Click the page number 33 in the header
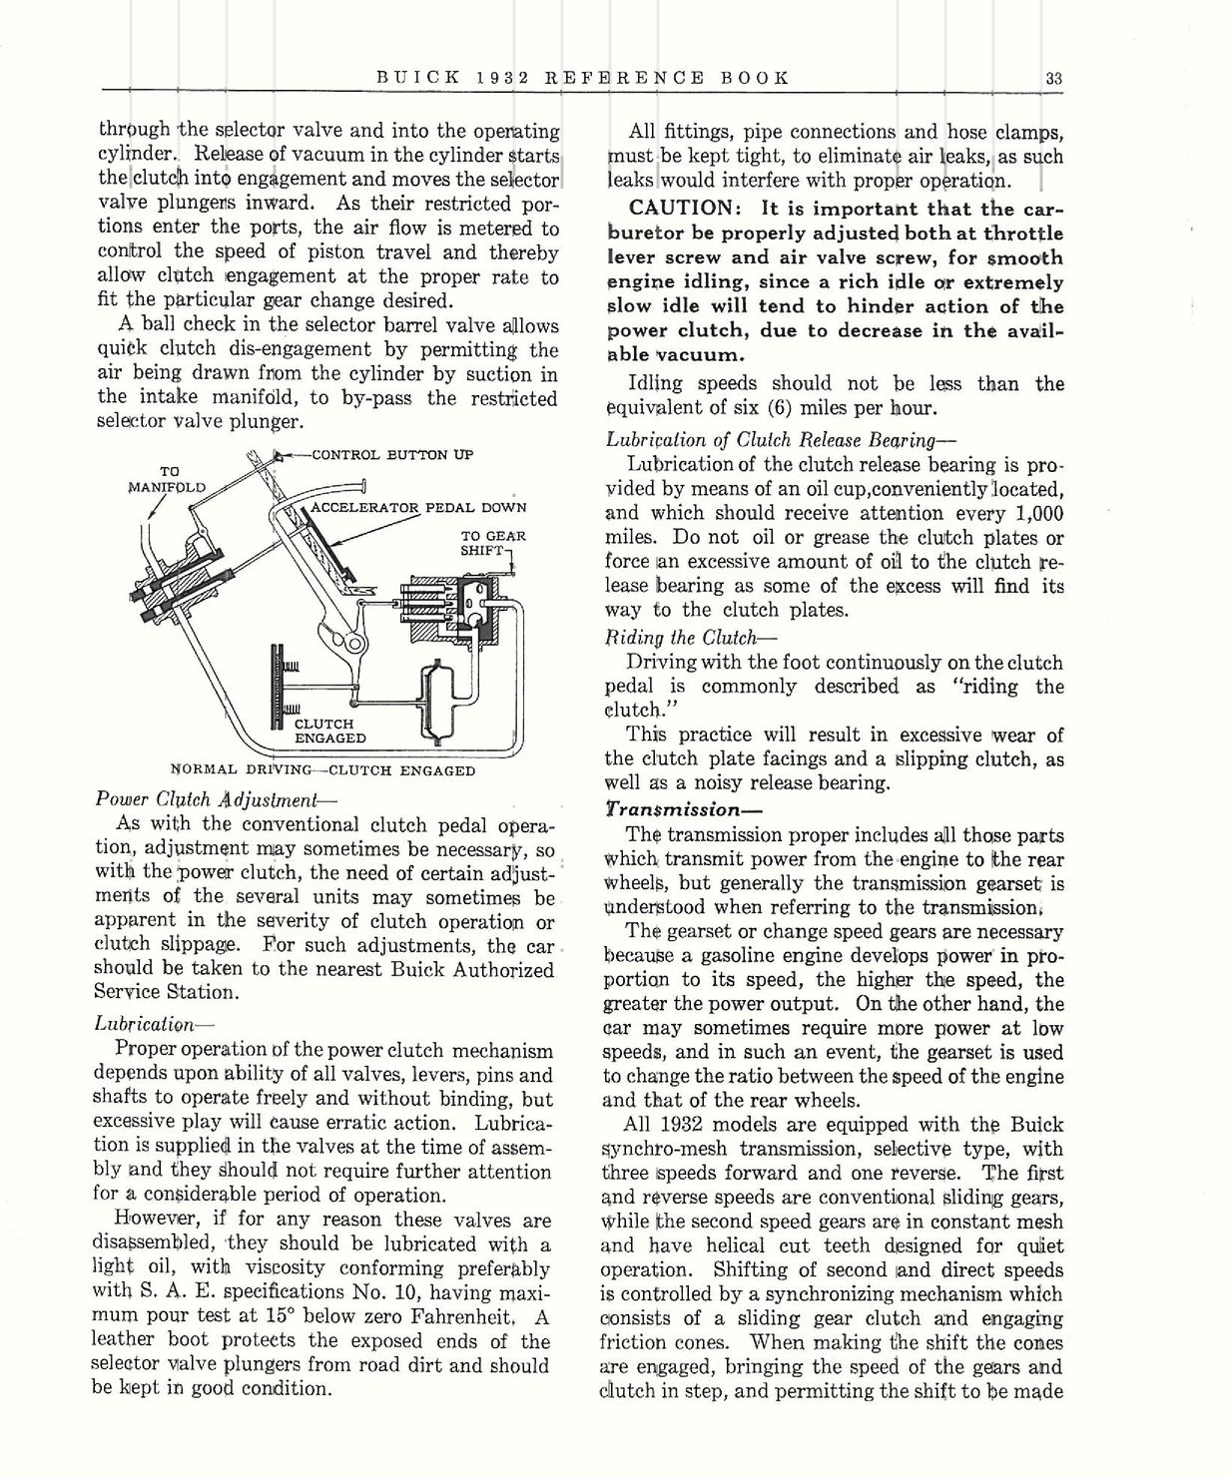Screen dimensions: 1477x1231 pos(1053,78)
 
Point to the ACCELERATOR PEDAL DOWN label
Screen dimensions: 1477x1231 pos(418,507)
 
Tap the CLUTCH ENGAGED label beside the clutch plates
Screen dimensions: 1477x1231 pos(329,731)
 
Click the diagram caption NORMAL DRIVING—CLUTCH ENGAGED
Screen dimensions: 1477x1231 pos(322,770)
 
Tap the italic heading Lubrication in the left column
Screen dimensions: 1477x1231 pos(154,1024)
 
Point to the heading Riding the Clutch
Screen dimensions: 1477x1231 pos(690,638)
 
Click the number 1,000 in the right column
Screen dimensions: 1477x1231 pos(1029,514)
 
